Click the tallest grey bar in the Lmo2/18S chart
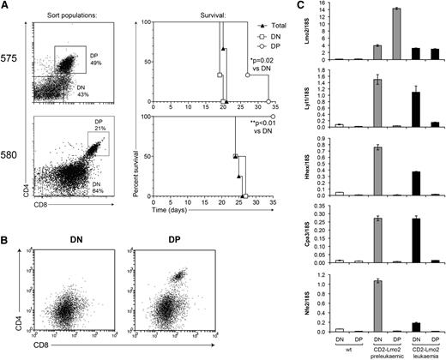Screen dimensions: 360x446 [x=396, y=33]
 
